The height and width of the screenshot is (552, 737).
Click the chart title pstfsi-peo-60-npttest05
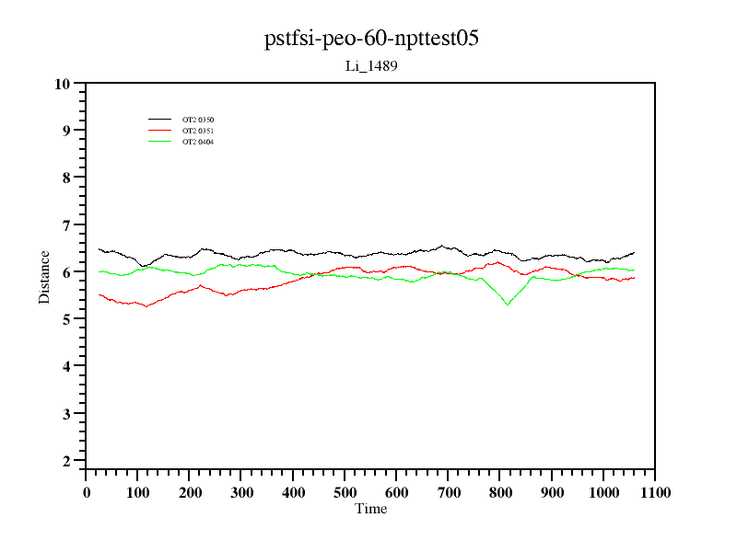[x=370, y=39]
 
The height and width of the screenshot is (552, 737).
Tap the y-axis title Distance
[x=44, y=277]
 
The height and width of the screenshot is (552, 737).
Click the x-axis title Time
[x=370, y=509]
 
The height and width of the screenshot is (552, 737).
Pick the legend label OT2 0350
[x=198, y=120]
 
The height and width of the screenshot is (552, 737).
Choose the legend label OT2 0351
[x=198, y=131]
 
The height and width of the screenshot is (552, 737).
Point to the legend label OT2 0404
[x=198, y=142]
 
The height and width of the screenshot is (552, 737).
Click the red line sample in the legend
[x=160, y=131]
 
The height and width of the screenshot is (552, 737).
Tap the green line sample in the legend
[x=160, y=142]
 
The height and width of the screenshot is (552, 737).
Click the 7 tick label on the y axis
[x=65, y=225]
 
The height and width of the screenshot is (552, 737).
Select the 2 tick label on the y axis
[x=65, y=461]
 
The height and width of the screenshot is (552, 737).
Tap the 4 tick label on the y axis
[x=65, y=367]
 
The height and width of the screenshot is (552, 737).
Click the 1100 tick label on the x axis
[x=655, y=492]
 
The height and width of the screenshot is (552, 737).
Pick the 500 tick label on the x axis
[x=345, y=492]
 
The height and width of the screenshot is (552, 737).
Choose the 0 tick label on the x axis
[x=86, y=492]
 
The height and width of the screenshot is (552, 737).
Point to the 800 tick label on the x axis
[x=500, y=492]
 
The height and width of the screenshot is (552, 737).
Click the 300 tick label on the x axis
[x=241, y=492]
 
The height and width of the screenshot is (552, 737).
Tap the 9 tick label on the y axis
[x=65, y=131]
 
